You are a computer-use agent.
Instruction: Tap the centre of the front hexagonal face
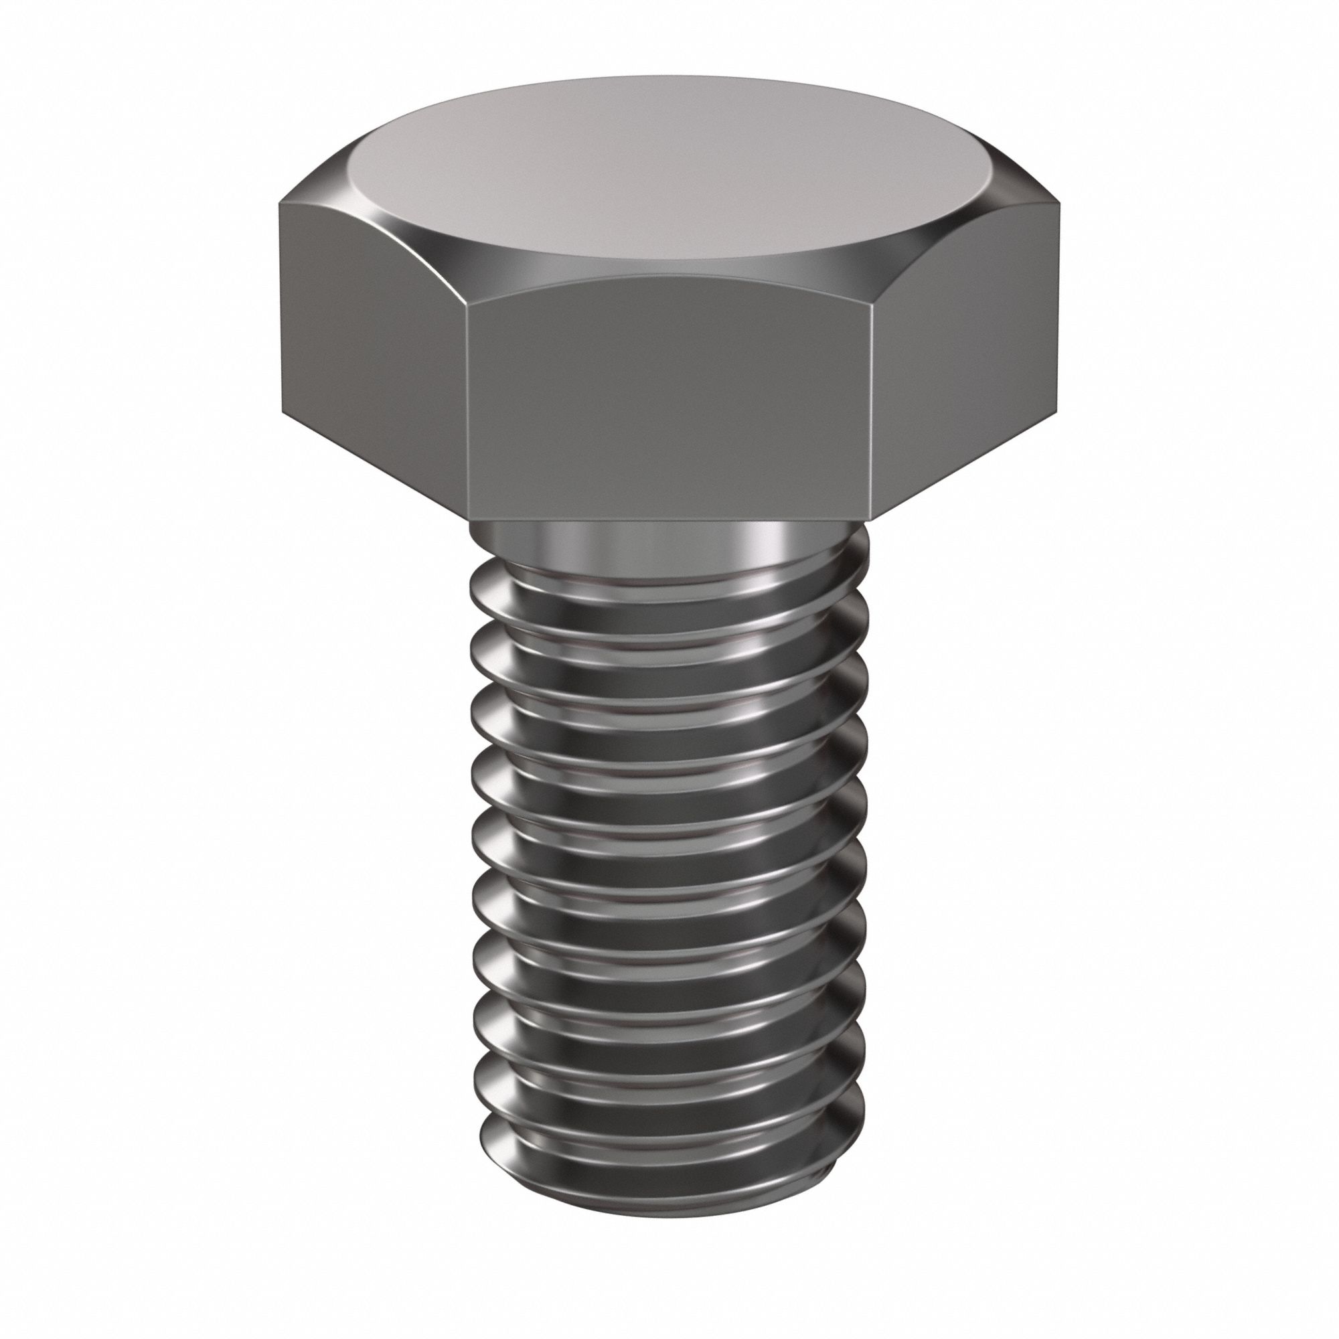669,409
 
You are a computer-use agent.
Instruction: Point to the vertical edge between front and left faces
467,416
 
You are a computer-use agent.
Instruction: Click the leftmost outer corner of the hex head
280,305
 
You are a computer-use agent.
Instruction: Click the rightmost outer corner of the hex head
1059,305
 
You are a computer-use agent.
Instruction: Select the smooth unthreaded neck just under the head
665,544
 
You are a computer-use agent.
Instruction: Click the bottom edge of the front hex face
669,521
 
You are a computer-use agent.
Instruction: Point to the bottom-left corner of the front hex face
469,520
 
